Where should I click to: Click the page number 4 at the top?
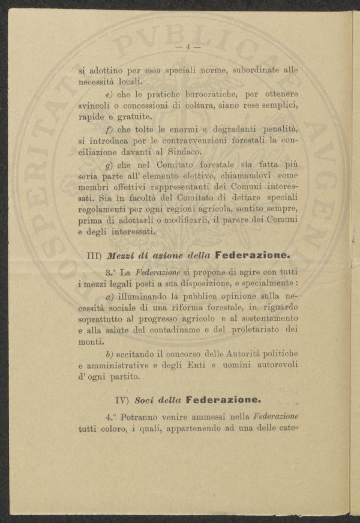pos(188,47)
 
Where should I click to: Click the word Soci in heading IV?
pos(146,399)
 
